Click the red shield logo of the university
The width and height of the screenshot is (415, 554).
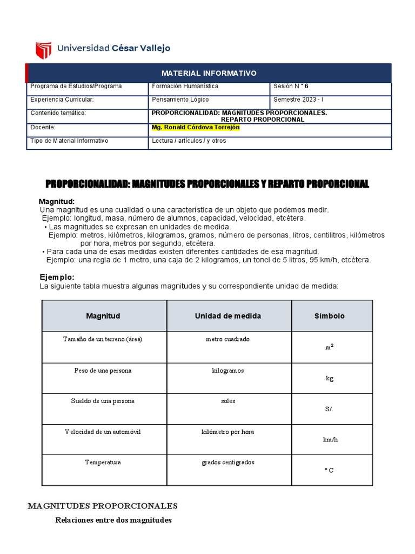pos(43,50)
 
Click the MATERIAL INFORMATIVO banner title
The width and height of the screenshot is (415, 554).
pos(209,73)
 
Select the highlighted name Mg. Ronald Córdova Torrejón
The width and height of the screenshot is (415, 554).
pos(196,128)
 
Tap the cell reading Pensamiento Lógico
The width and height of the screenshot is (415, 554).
pos(180,100)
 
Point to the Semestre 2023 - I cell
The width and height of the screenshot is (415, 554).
pos(298,100)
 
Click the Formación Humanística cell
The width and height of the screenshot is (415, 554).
pos(185,86)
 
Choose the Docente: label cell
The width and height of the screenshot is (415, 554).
pos(43,128)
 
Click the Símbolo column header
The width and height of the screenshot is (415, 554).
pos(329,316)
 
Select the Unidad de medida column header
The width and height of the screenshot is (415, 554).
pos(227,316)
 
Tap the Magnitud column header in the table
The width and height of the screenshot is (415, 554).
pos(103,316)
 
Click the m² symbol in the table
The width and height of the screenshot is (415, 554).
pos(329,347)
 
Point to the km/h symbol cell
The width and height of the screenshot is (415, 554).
pos(330,439)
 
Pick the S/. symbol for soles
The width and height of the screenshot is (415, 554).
pos(329,409)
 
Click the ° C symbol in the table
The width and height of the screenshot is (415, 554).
pos(329,470)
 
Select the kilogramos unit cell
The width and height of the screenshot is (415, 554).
pos(227,371)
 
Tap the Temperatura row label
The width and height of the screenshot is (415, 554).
pos(103,463)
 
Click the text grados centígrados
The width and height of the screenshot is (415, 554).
pos(227,463)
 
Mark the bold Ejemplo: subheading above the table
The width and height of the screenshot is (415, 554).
pos(57,277)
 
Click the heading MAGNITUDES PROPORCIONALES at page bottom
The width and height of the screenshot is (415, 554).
pos(103,506)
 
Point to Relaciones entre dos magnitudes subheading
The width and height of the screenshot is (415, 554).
pos(113,520)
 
